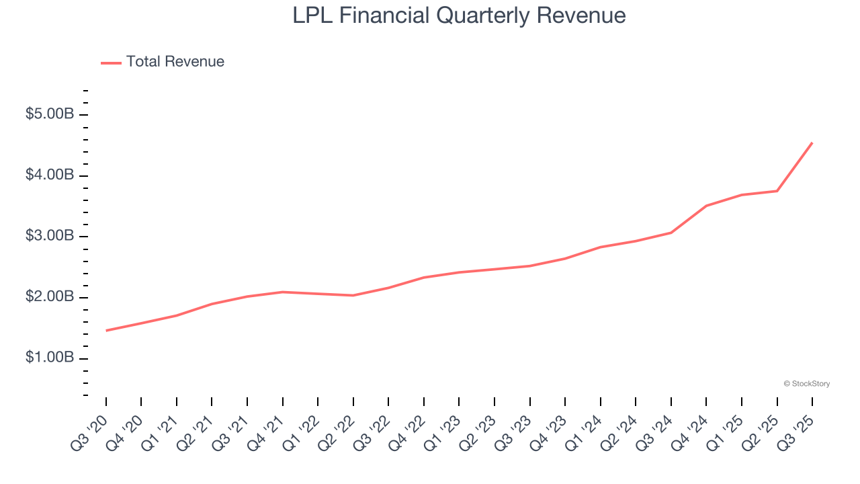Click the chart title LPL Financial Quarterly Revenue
tap(459, 15)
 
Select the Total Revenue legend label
tap(175, 62)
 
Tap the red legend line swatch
tap(111, 63)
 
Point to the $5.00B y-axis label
tap(49, 115)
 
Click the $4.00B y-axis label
tap(49, 175)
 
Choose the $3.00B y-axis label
tap(49, 237)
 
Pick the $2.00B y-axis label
tap(49, 297)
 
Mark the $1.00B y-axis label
tap(49, 358)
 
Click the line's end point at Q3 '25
tap(812, 143)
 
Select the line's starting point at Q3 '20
tap(106, 331)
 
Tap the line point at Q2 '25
tap(777, 191)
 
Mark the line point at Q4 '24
tap(707, 206)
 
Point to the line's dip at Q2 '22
tap(353, 295)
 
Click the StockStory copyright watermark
tap(806, 384)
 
